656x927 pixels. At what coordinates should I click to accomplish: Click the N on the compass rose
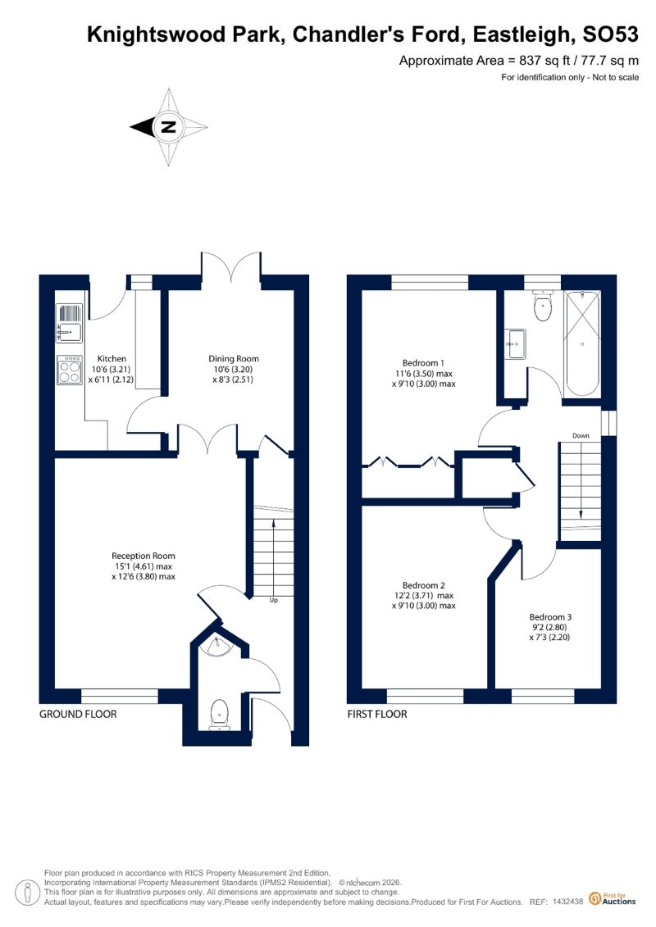169,126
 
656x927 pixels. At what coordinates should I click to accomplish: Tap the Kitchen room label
112,358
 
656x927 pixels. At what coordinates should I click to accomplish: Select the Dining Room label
234,358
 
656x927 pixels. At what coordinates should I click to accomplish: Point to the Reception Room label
143,556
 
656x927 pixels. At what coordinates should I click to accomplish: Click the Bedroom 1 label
423,363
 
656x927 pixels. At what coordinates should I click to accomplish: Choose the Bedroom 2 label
424,585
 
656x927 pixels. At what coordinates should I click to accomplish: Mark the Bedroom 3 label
551,616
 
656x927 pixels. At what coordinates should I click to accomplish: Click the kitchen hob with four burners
69,370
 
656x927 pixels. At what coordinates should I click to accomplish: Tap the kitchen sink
69,323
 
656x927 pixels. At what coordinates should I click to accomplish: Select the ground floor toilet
220,714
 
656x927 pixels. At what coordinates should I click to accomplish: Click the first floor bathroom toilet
542,305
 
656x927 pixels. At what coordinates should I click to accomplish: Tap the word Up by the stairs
273,600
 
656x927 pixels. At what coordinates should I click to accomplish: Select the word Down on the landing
581,436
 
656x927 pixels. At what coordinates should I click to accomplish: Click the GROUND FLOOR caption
78,714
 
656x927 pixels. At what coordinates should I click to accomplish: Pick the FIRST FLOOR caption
377,714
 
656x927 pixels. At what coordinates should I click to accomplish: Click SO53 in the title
610,35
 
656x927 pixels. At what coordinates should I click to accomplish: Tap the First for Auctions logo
613,898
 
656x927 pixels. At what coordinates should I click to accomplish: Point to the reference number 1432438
568,902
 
